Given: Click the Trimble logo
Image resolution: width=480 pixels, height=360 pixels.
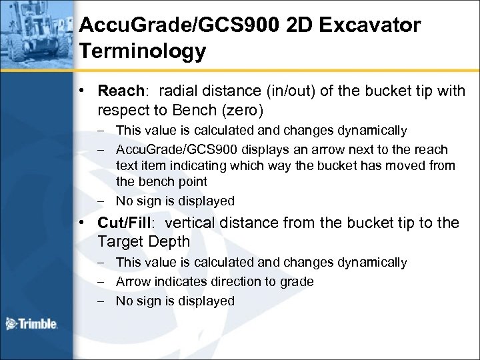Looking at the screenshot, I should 32,325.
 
